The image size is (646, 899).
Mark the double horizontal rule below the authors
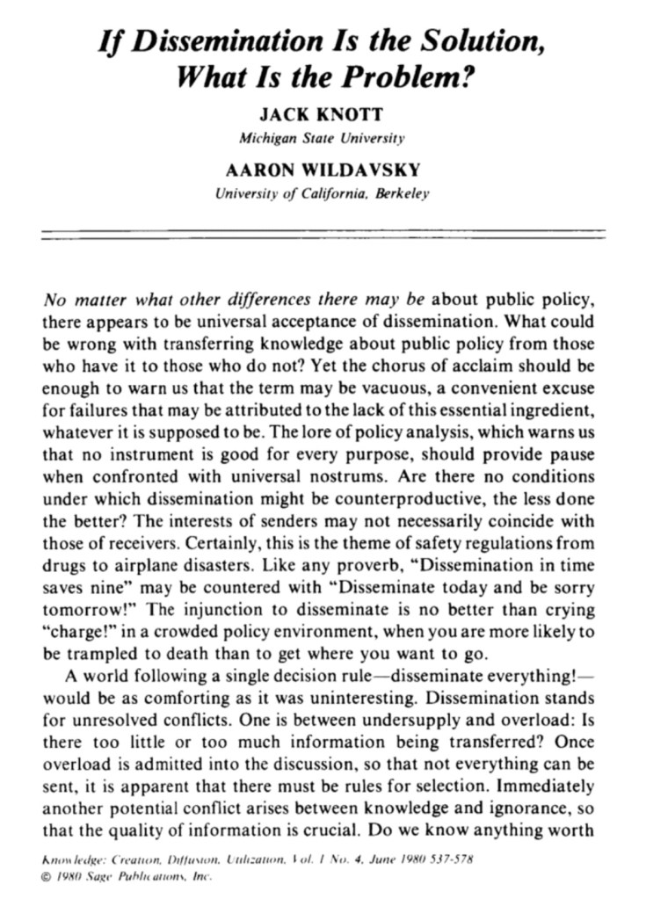[323, 236]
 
